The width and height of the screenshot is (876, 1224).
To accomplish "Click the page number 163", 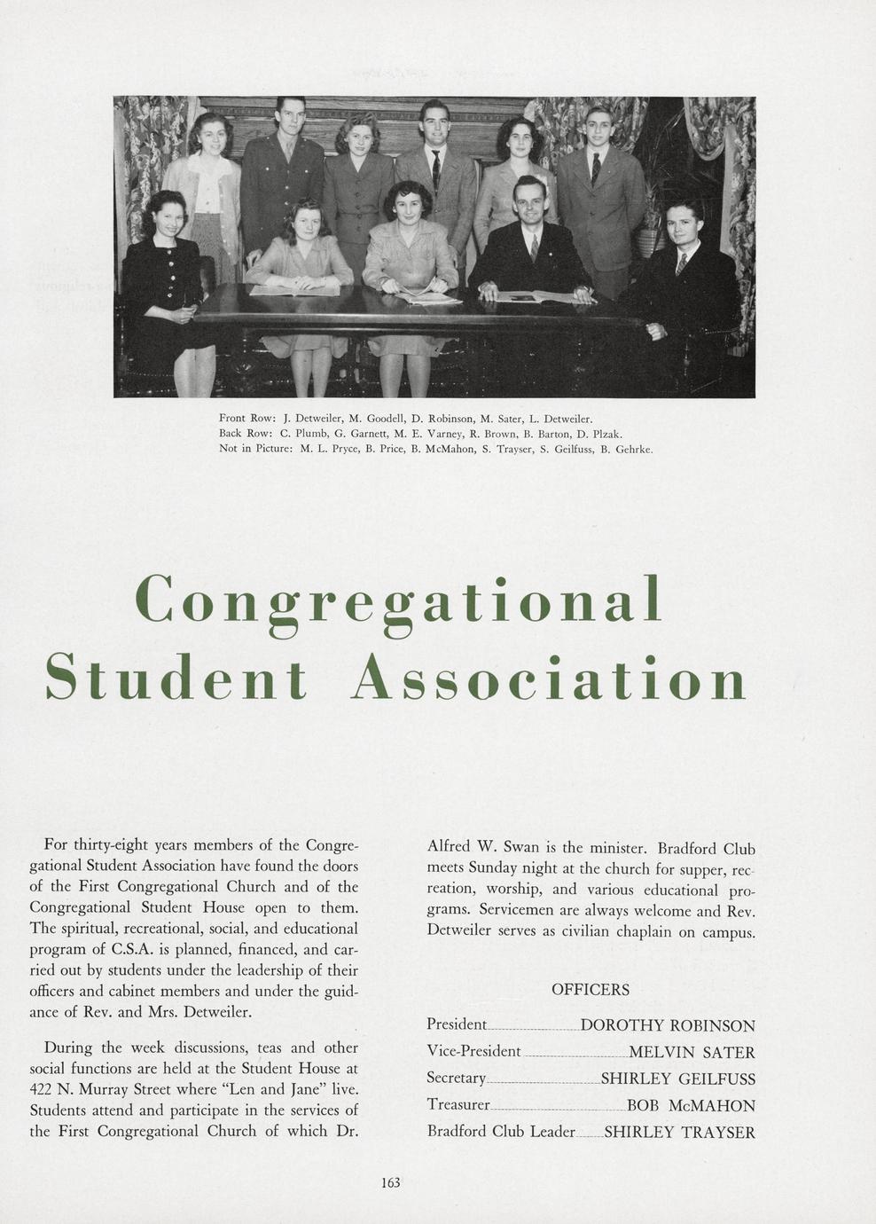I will (x=390, y=1181).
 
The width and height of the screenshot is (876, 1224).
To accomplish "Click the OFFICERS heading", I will (x=591, y=990).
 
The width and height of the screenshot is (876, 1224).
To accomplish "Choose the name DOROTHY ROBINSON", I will (x=668, y=1026).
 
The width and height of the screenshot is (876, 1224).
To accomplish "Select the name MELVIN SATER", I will (x=692, y=1053).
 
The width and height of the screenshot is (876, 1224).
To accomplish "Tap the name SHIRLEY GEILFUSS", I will (x=678, y=1079).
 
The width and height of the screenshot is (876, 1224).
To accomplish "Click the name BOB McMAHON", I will (x=691, y=1106).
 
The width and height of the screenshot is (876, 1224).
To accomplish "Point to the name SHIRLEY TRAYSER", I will (x=679, y=1133).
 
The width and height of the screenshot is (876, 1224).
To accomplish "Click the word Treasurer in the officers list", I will (x=458, y=1105).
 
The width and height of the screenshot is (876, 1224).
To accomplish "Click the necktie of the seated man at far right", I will (x=680, y=263).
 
